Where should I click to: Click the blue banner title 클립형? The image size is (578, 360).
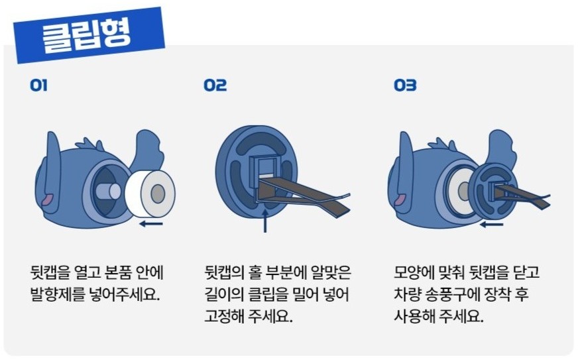(87, 35)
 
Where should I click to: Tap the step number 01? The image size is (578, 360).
(38, 86)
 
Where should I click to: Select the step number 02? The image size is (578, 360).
(215, 86)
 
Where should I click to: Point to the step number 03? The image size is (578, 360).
(405, 86)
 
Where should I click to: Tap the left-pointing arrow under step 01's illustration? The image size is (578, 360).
(151, 223)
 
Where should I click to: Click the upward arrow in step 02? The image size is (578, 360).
(264, 220)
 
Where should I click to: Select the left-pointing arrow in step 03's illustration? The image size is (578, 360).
(491, 224)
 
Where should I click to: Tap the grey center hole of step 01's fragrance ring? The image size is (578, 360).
(158, 194)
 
